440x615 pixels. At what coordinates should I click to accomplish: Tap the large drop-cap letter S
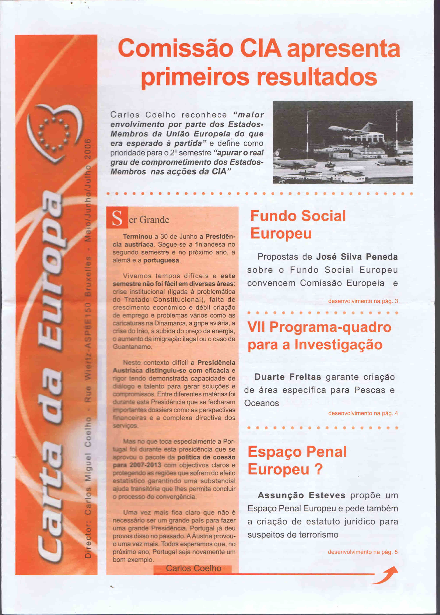click(x=117, y=218)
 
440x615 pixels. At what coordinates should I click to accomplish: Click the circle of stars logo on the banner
click(x=54, y=134)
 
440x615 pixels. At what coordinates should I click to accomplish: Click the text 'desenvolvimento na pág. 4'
click(x=363, y=413)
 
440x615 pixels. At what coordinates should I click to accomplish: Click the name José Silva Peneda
click(x=357, y=257)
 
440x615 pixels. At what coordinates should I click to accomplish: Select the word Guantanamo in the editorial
click(x=132, y=347)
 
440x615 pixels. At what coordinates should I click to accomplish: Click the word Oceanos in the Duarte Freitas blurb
click(x=261, y=403)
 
